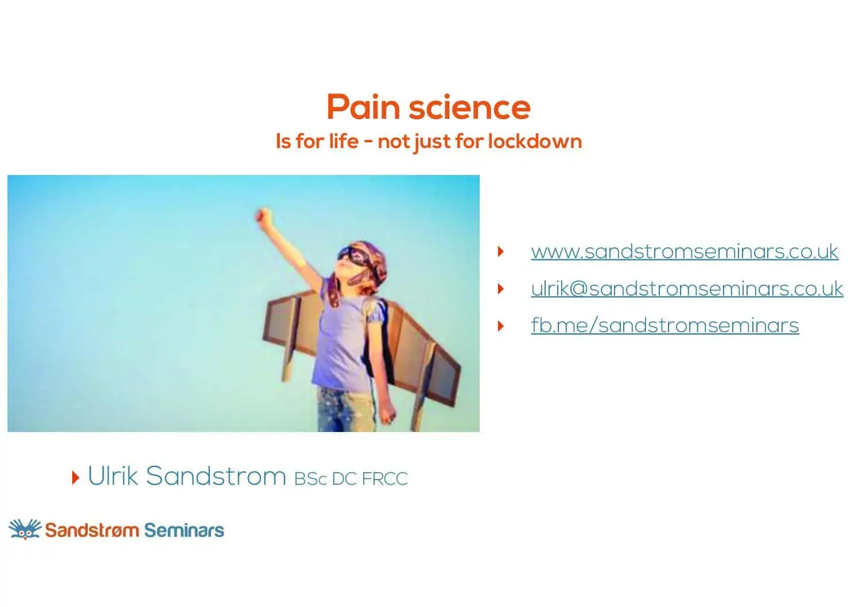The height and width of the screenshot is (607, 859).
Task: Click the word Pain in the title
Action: point(364,107)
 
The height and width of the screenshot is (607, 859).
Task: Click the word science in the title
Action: point(470,107)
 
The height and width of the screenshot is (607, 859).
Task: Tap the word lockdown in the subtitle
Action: point(535,141)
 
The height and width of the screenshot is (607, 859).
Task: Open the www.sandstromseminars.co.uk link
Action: point(685,251)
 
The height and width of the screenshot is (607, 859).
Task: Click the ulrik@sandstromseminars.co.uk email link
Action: point(687,289)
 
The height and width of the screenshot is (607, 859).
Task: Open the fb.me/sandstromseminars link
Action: point(665,325)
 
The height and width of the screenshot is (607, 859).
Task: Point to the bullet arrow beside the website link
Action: point(500,251)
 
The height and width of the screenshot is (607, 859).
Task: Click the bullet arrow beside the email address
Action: point(500,289)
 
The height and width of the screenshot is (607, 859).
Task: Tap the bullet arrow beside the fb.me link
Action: point(500,326)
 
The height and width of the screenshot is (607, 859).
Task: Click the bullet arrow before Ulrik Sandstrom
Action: point(76,477)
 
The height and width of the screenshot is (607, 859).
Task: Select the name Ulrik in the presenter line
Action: point(112,476)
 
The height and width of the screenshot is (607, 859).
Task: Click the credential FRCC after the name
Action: point(384,479)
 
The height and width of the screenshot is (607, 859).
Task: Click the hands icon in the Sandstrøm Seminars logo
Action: point(25,529)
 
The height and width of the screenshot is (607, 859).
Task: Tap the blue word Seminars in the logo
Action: point(184,530)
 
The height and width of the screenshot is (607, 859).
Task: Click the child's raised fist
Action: point(263,216)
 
